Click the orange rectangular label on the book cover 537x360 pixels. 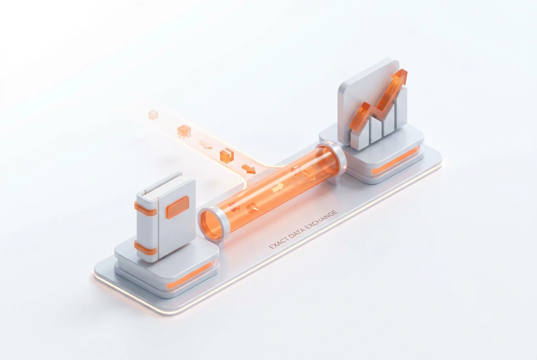pyautogui.click(x=178, y=208)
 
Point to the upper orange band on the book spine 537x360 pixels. pyautogui.click(x=145, y=209)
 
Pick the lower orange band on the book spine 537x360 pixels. pyautogui.click(x=145, y=247)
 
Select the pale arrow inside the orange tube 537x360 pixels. pyautogui.click(x=278, y=188)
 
